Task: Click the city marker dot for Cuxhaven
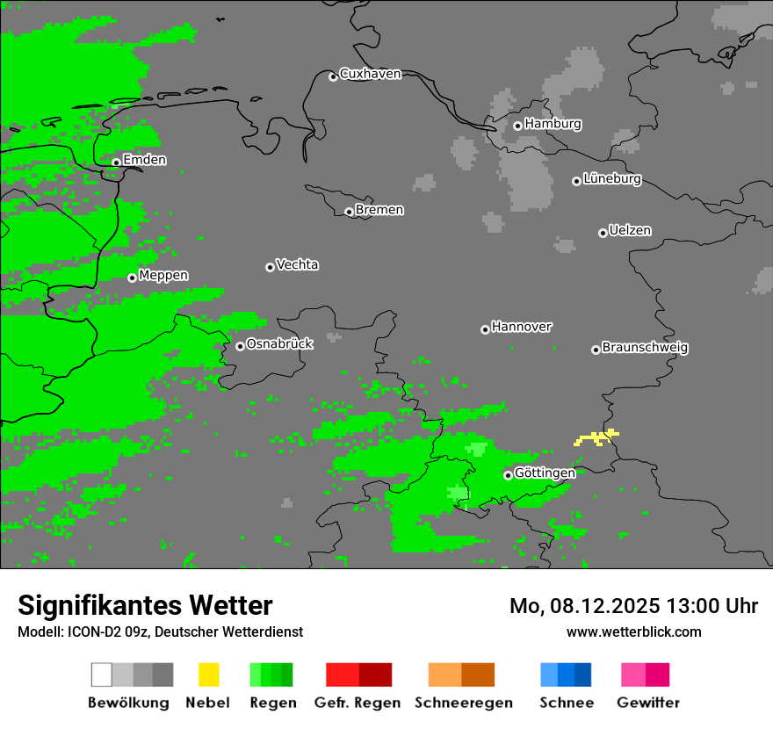pyautogui.click(x=333, y=77)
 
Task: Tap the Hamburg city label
pyautogui.click(x=553, y=124)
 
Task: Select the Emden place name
pyautogui.click(x=144, y=160)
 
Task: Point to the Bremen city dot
pyautogui.click(x=349, y=212)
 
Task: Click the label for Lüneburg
pyautogui.click(x=612, y=179)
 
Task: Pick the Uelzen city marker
pyautogui.click(x=603, y=233)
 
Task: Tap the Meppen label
pyautogui.click(x=163, y=276)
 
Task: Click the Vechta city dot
pyautogui.click(x=270, y=267)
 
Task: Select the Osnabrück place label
pyautogui.click(x=279, y=344)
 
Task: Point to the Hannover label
pyautogui.click(x=522, y=327)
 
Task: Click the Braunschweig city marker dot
pyautogui.click(x=596, y=350)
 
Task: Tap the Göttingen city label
pyautogui.click(x=545, y=473)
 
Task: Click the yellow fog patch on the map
pyautogui.click(x=596, y=437)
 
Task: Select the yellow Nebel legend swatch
pyautogui.click(x=209, y=675)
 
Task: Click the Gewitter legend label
pyautogui.click(x=648, y=703)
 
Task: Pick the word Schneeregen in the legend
pyautogui.click(x=464, y=703)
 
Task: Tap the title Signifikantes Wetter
pyautogui.click(x=145, y=605)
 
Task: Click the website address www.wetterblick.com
pyautogui.click(x=633, y=632)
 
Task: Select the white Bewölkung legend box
pyautogui.click(x=102, y=675)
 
